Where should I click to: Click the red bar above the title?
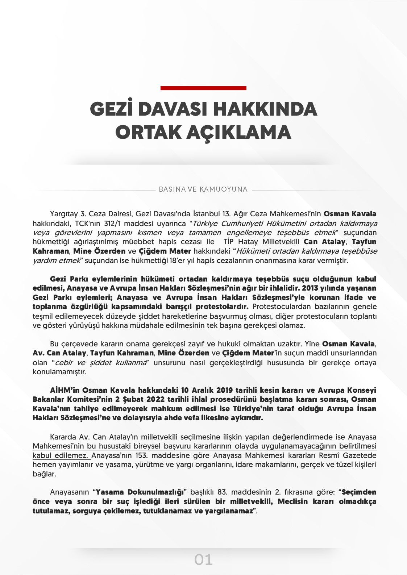tap(203, 88)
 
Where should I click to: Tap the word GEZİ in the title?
tap(111, 109)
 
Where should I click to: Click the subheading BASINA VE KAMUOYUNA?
tap(203, 189)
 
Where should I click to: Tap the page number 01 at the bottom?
tap(203, 560)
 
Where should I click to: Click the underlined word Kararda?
tap(62, 436)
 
